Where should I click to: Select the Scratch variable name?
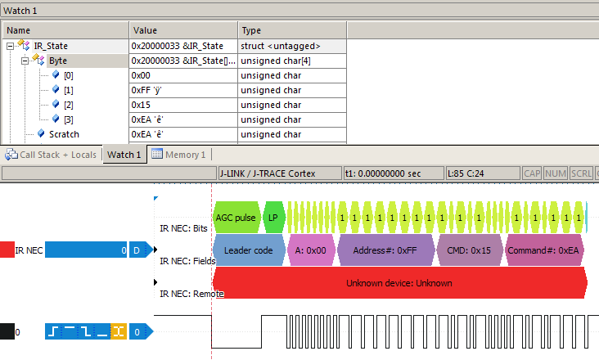[x=64, y=134]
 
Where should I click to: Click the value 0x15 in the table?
[x=142, y=105]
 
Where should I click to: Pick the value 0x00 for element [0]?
[x=142, y=75]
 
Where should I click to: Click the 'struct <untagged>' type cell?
[x=281, y=46]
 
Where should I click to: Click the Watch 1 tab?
[x=124, y=155]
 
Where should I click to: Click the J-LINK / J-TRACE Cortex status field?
[x=278, y=173]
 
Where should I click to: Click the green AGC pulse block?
[x=236, y=218]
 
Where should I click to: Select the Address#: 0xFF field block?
[x=385, y=250]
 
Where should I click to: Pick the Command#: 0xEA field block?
[x=544, y=250]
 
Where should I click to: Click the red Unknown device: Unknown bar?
[x=399, y=283]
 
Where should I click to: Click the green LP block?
[x=274, y=218]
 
